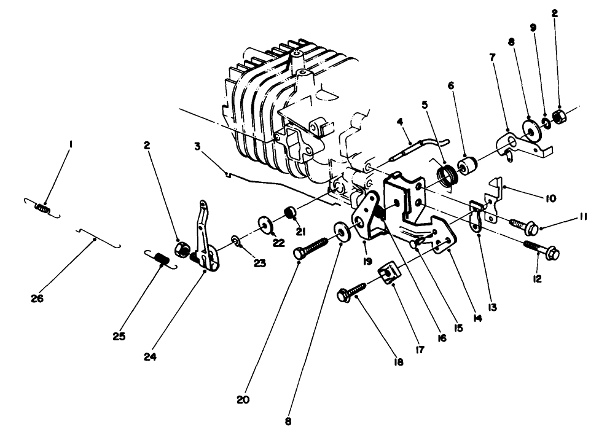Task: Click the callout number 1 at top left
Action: [x=71, y=144]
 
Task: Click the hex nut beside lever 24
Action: [x=182, y=249]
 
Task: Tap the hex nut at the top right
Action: [x=560, y=115]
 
